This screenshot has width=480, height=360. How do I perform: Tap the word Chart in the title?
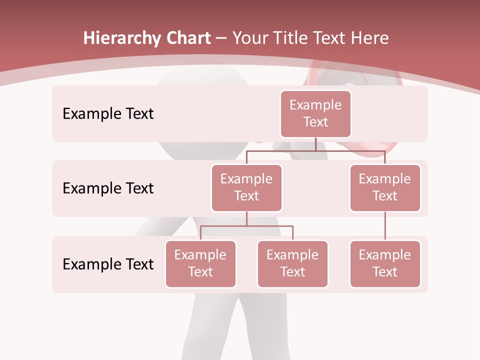187,38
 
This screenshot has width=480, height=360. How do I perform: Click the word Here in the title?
369,38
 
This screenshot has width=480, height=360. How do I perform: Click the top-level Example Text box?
315,114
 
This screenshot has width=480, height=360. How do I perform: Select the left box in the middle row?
246,187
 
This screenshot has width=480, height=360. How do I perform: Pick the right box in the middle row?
385,187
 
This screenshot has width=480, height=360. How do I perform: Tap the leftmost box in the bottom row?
200,263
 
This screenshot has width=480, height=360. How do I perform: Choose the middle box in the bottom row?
292,263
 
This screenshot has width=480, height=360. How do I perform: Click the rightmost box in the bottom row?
385,263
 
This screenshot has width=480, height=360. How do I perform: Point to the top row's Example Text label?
108,114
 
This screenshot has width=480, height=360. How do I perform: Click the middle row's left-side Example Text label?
108,188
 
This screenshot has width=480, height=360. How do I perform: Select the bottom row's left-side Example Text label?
108,264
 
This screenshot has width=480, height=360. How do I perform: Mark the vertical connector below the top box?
315,144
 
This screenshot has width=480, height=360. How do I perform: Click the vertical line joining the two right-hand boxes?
385,226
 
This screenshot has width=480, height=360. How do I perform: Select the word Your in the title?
250,38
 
